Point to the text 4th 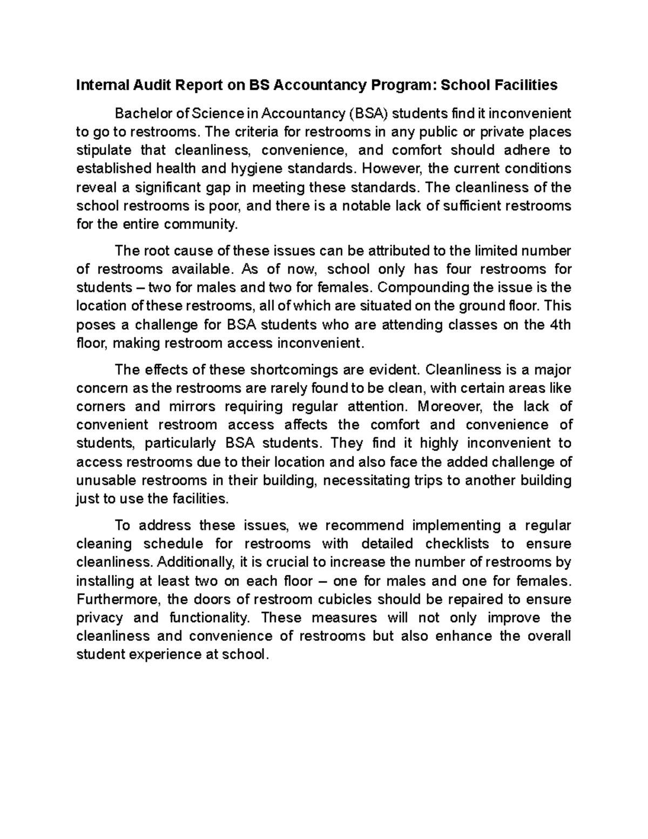pyautogui.click(x=559, y=325)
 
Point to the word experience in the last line pyautogui.click(x=168, y=655)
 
